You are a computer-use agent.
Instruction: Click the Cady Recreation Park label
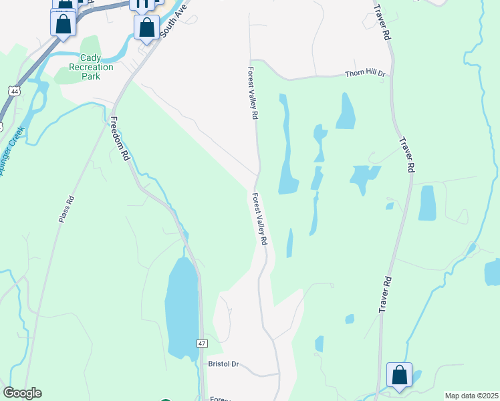[92, 67]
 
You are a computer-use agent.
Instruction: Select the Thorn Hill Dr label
[366, 74]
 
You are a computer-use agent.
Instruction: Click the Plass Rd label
[65, 209]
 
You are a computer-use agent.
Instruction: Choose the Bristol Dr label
[223, 365]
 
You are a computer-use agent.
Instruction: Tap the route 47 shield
[203, 343]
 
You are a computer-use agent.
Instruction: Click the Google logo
[22, 393]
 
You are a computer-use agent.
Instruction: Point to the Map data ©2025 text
[471, 396]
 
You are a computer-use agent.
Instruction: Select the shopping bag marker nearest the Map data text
[400, 376]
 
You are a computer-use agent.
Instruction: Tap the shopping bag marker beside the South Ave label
[146, 28]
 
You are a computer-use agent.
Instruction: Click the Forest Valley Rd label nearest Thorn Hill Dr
[253, 93]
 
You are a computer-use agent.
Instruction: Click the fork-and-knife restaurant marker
[142, 3]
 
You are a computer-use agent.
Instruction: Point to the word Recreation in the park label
[92, 67]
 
